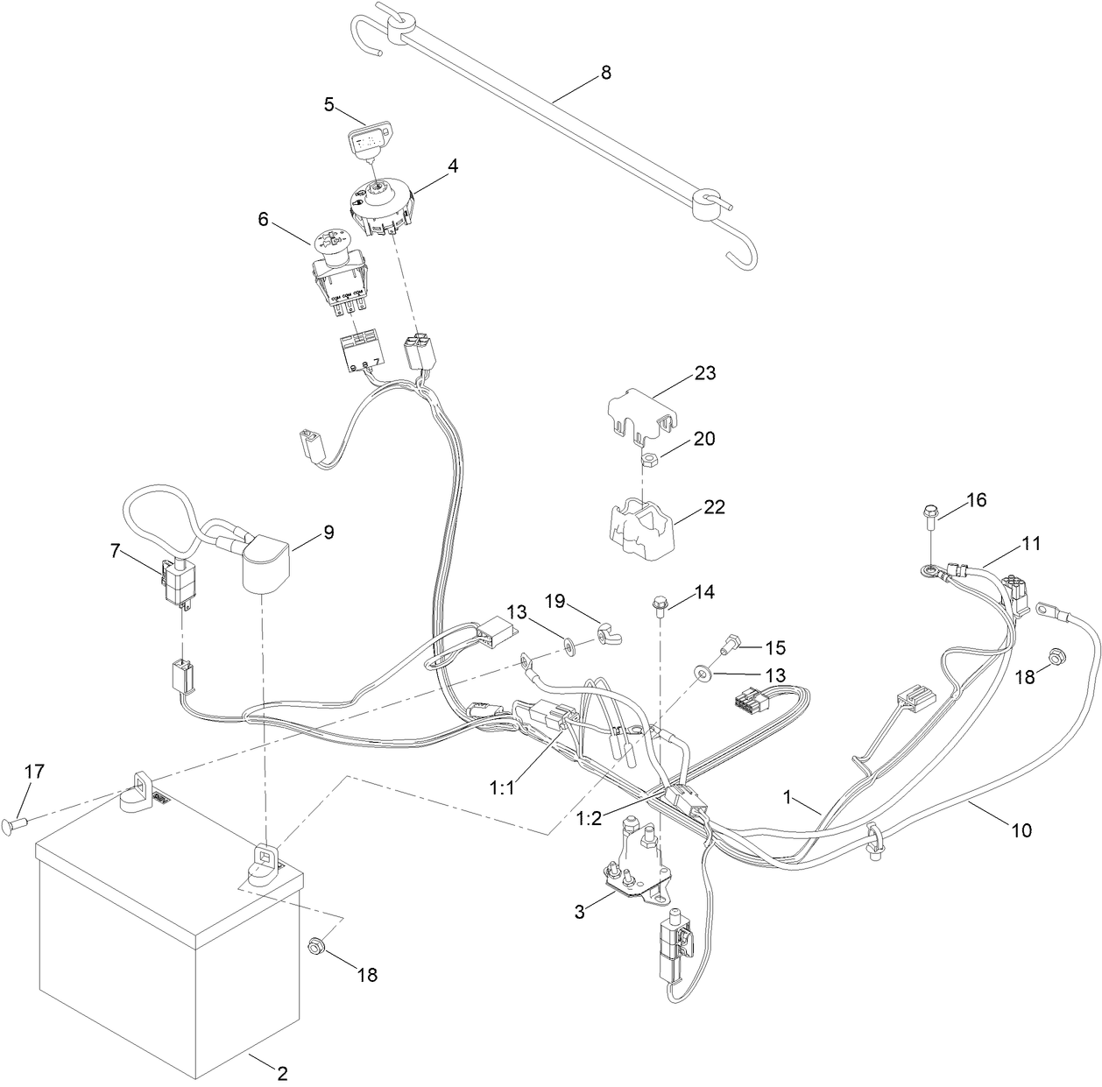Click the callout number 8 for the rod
(x=605, y=74)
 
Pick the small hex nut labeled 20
(x=644, y=458)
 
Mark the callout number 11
(x=1031, y=543)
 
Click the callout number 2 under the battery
(x=282, y=1071)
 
